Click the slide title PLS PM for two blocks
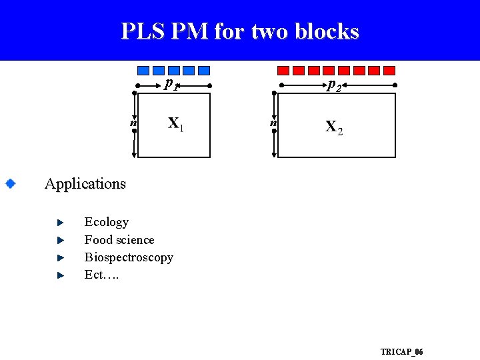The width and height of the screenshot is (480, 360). pos(240,31)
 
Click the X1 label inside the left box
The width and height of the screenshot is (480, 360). pos(175,124)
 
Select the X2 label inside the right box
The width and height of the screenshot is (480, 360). pos(334,127)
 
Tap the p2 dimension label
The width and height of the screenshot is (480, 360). pos(334,85)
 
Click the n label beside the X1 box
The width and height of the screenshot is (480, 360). pos(133,123)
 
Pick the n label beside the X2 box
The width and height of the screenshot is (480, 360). pos(273,123)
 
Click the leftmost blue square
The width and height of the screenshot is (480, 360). pos(143,70)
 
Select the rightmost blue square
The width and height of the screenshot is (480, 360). pos(204,70)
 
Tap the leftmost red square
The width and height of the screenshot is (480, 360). pos(283,70)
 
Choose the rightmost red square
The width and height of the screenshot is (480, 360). pos(389,70)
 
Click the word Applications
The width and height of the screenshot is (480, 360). pos(85,183)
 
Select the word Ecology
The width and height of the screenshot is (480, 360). pos(106,222)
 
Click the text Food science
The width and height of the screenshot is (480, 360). pos(119,240)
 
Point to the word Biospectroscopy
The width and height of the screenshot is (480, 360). pos(129,257)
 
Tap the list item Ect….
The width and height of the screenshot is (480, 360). pos(101,275)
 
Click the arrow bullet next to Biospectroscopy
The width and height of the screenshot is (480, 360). pos(59,257)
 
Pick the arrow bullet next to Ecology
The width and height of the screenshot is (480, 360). pos(59,221)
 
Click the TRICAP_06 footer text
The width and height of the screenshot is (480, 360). pos(401,351)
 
